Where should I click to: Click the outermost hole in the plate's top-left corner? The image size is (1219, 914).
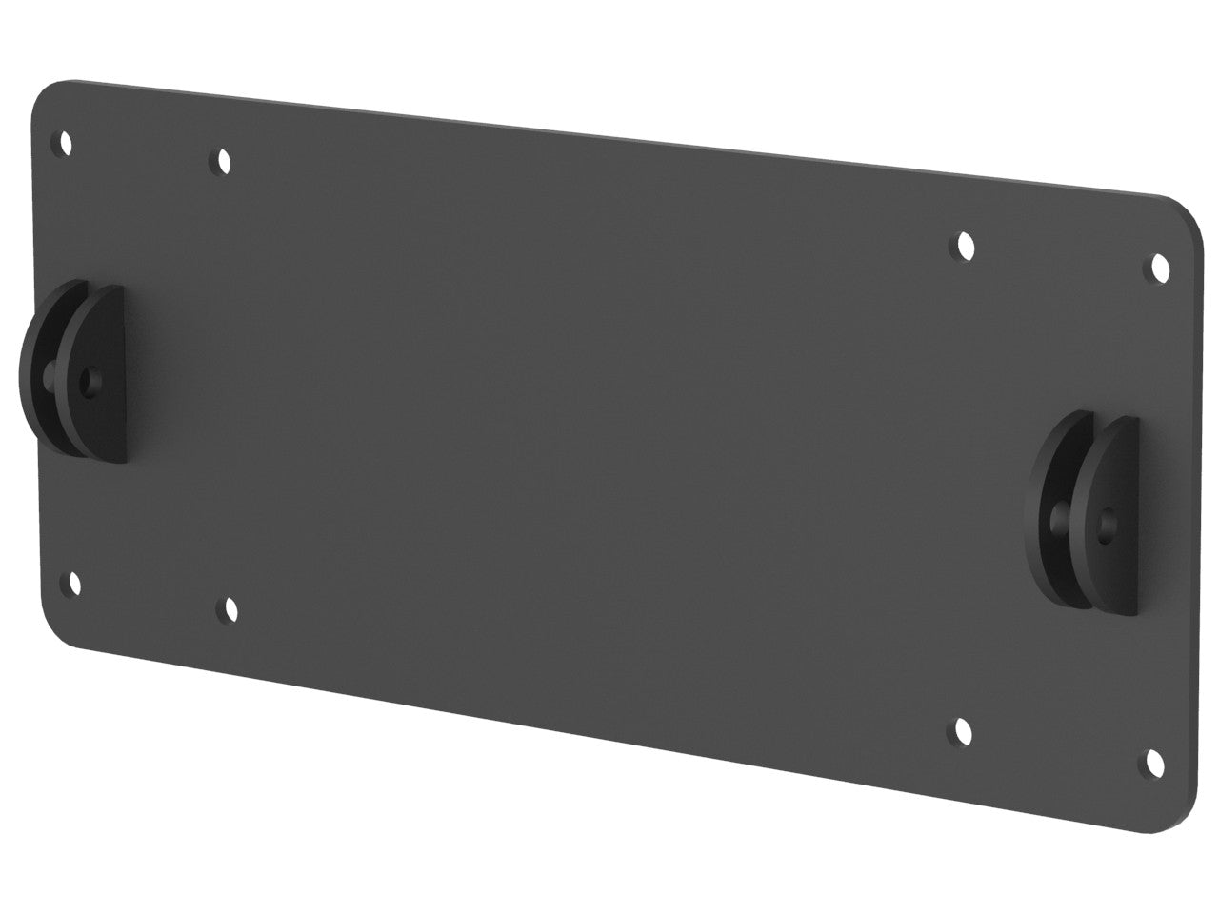tap(66, 144)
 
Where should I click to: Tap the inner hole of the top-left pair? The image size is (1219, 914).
tap(224, 161)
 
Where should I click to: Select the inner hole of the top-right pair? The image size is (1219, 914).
tap(965, 247)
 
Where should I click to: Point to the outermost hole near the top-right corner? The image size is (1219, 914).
tap(1161, 268)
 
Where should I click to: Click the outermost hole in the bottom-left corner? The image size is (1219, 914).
tap(72, 583)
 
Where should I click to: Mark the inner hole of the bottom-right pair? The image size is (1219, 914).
tap(964, 731)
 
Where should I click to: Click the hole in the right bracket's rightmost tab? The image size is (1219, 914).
tap(1106, 523)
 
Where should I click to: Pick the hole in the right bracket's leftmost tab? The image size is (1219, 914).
tap(1059, 519)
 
